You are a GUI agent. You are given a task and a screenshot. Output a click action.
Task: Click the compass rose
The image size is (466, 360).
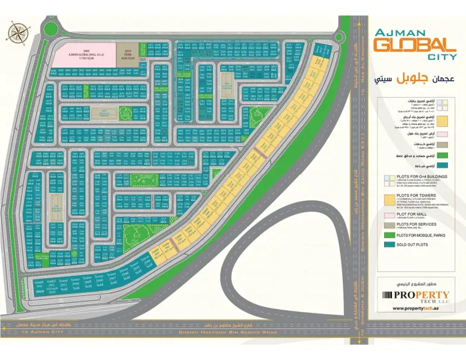[18, 31]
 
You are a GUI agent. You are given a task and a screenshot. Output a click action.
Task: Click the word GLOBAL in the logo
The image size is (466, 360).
[409, 45]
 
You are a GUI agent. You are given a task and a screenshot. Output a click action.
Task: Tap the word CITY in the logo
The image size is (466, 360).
[436, 57]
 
